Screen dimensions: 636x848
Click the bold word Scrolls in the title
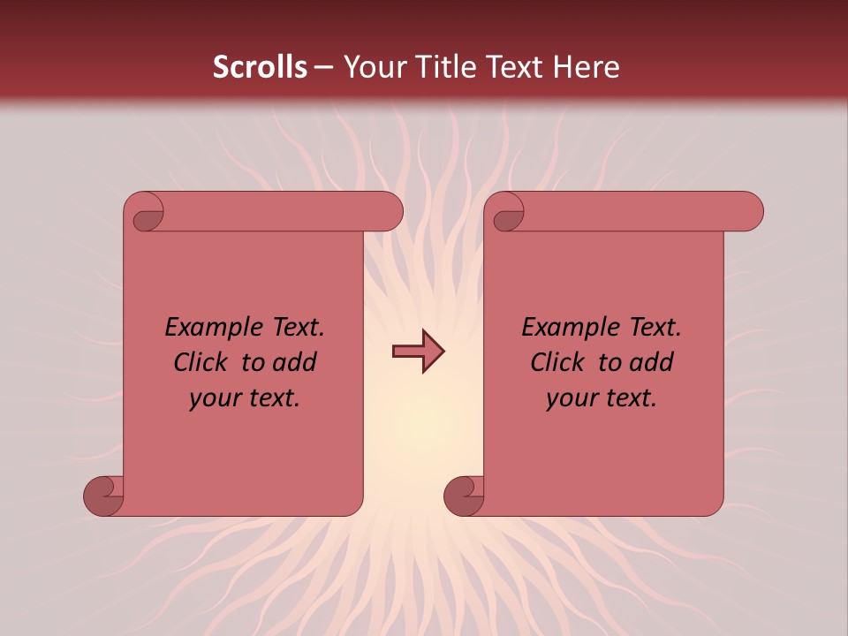pos(260,67)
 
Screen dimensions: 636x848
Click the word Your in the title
pos(371,67)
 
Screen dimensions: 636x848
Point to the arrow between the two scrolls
pos(418,352)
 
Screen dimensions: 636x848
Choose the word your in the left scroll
pos(214,398)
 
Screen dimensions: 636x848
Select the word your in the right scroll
pos(571,398)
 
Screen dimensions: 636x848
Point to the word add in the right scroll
pos(653,363)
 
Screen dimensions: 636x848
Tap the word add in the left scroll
pos(296,363)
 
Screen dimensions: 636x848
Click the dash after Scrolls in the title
pos(323,67)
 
